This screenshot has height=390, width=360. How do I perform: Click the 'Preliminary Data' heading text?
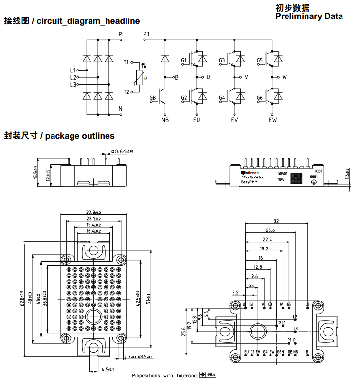[x=309, y=17]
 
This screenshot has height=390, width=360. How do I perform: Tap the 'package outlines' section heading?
[x=80, y=136]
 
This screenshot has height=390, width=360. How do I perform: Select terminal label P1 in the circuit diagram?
[x=147, y=34]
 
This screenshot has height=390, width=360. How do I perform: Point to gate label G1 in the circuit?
[x=184, y=61]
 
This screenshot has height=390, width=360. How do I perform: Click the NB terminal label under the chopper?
[x=165, y=120]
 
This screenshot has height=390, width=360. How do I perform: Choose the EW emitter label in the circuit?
[x=272, y=120]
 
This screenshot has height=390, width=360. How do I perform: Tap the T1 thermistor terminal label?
[x=126, y=63]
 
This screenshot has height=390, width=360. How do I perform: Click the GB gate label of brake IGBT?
[x=153, y=98]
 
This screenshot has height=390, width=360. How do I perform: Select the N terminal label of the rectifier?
[x=120, y=108]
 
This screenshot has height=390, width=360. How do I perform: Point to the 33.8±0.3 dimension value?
[x=93, y=212]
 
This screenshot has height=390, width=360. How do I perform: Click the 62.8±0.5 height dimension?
[x=22, y=298]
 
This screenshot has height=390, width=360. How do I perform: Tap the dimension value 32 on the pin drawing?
[x=276, y=220]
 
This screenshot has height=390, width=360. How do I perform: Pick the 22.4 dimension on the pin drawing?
[x=267, y=239]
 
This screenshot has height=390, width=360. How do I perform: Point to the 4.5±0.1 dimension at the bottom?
[x=108, y=369]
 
